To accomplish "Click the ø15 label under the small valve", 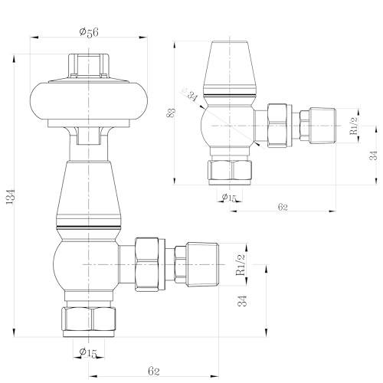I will tap(228, 198).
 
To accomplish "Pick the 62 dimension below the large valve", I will tap(154, 371).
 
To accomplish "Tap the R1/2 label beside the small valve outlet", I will tap(353, 123).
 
